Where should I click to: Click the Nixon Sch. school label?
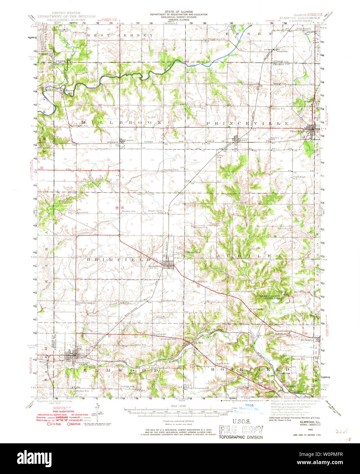222,364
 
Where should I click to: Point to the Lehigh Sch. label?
128,386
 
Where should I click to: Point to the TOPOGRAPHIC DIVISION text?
241,437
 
